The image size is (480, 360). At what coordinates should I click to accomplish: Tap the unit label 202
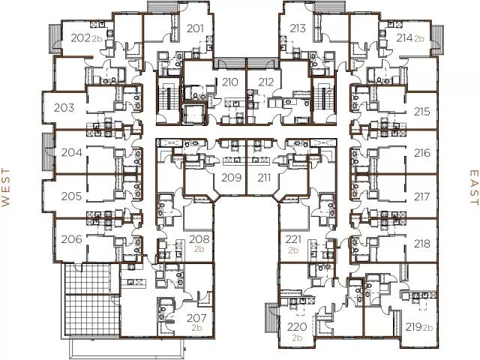[x=81, y=37]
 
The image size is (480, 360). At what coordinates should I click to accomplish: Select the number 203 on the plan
[x=64, y=107]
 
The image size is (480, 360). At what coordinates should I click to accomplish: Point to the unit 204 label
[x=71, y=152]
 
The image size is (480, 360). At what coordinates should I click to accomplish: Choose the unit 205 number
[x=71, y=196]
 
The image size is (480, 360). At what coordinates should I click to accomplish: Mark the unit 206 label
[x=71, y=241]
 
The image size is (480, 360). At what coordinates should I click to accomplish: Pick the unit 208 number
[x=199, y=239]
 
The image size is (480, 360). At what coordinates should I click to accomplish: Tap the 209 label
[x=230, y=178]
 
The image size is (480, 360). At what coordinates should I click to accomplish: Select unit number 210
[x=230, y=82]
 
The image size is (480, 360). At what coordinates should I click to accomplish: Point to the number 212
[x=265, y=82]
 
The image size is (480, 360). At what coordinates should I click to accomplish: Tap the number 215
[x=421, y=112]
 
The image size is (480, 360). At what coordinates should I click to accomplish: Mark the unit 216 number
[x=421, y=153]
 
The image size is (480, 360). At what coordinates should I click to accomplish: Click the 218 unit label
[x=421, y=243]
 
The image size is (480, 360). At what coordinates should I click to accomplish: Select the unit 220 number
[x=297, y=327]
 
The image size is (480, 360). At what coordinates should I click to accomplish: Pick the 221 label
[x=294, y=239]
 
